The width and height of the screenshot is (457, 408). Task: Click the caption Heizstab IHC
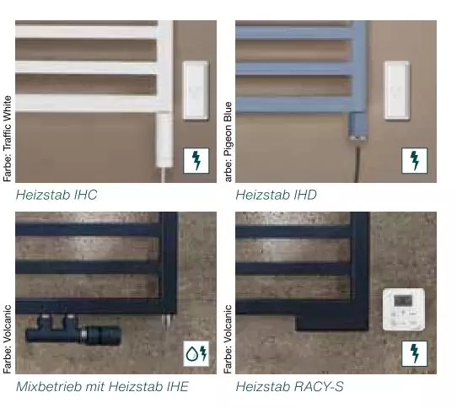56,195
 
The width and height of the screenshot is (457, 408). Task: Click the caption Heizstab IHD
276,195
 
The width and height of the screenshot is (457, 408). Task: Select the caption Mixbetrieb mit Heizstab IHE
102,387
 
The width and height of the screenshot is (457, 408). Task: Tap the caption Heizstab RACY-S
289,387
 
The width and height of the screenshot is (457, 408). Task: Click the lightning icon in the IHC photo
196,160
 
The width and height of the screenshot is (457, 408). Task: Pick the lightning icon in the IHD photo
415,160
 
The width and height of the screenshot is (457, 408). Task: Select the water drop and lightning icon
196,353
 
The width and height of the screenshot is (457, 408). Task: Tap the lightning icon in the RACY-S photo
415,353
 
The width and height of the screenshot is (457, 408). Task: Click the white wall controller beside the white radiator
196,91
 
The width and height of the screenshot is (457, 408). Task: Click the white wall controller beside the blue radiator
397,91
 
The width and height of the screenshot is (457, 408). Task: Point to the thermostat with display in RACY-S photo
404,309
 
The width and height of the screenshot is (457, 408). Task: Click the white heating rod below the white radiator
164,140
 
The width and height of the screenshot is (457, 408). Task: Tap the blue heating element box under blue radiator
358,126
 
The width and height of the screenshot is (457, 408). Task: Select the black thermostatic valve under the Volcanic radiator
73,330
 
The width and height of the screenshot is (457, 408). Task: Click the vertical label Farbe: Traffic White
8,139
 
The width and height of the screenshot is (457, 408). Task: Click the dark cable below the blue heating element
357,164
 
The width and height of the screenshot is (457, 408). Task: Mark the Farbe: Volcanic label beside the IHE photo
8,339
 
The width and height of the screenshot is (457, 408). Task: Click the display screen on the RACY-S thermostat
403,301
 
